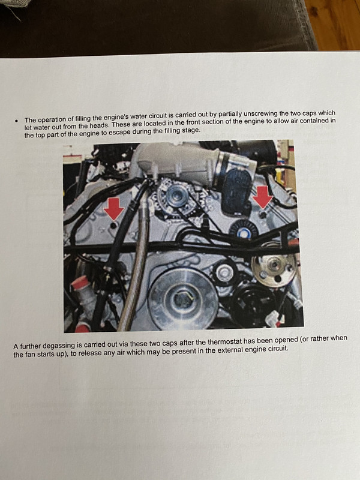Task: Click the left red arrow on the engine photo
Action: coord(113,209)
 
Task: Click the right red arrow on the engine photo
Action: coord(263,197)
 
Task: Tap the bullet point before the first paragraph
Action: coord(16,121)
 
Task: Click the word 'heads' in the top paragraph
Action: coord(98,125)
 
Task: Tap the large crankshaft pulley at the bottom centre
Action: coord(183,299)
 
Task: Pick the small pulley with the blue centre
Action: coord(244,232)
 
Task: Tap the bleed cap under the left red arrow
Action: coord(114,226)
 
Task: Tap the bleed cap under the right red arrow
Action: coord(263,215)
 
